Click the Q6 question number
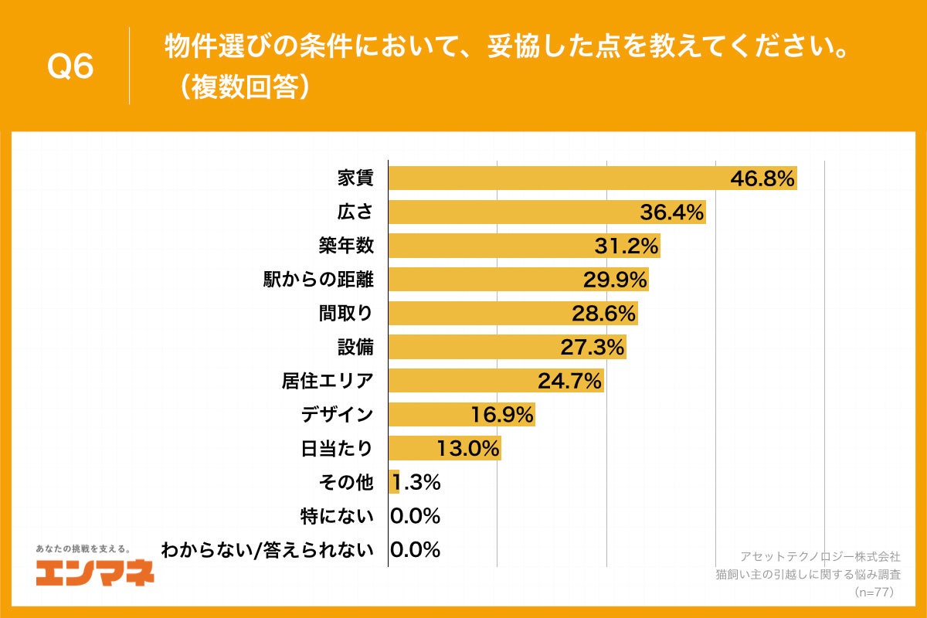[70, 66]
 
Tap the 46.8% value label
[762, 179]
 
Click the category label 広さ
[355, 212]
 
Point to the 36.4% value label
[671, 212]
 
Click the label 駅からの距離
[319, 280]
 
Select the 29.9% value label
[614, 280]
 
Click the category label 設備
[355, 347]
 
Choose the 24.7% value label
[569, 381]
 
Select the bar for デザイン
[461, 415]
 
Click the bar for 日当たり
[444, 448]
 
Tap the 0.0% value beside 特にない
[416, 516]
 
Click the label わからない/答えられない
[267, 550]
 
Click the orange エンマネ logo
[95, 572]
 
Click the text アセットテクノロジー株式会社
[820, 556]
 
